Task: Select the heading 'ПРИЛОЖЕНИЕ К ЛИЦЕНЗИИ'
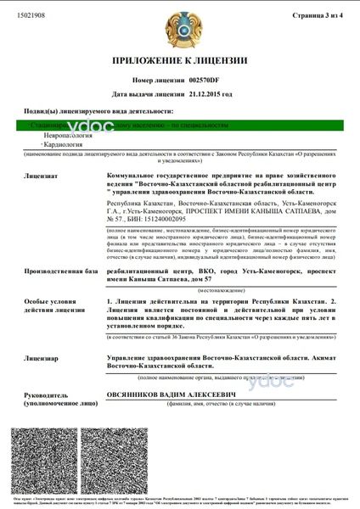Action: tap(179, 61)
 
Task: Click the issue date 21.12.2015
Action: tap(210, 93)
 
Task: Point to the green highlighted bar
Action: tap(179, 125)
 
